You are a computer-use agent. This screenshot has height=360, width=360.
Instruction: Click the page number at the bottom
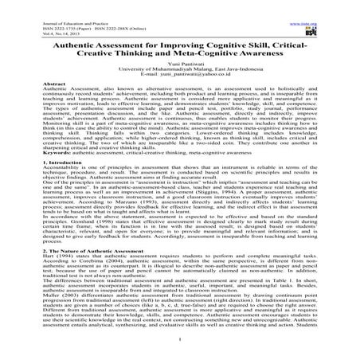[x=180, y=348]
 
